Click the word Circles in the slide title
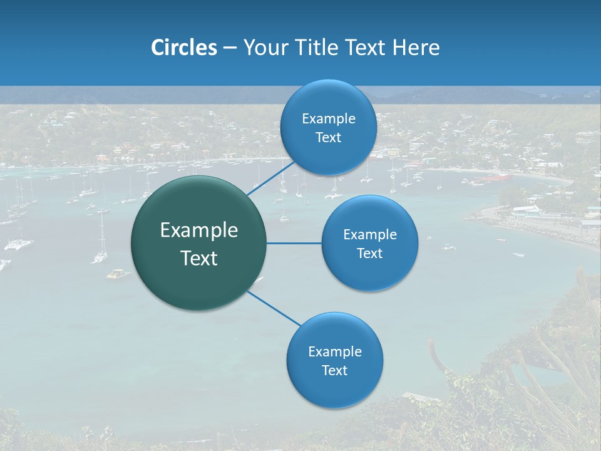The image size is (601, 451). [183, 47]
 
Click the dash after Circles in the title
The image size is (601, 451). [230, 48]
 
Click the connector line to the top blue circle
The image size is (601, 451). [271, 177]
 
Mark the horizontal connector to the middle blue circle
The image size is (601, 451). [294, 243]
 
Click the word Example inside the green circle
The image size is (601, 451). [199, 231]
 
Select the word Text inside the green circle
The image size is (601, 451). [199, 258]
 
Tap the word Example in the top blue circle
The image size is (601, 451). [329, 119]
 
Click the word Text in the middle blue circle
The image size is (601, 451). [370, 254]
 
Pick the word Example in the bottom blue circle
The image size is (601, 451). [335, 352]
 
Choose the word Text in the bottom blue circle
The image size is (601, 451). [335, 371]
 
